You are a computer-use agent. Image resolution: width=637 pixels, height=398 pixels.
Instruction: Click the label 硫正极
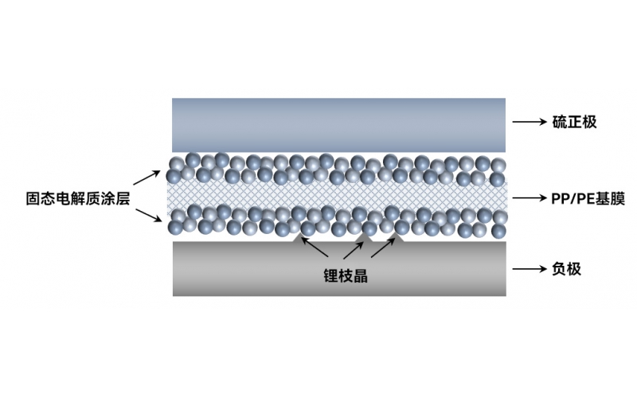pos(574,122)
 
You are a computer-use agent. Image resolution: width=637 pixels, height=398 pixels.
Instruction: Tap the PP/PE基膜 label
pos(588,198)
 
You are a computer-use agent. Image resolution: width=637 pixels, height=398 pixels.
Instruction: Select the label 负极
pos(567,269)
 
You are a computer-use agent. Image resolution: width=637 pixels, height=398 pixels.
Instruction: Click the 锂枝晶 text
pos(346,275)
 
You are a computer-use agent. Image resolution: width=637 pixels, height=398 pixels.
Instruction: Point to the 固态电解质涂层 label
pos(77,198)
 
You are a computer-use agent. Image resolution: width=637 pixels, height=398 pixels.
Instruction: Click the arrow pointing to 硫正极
pos(530,122)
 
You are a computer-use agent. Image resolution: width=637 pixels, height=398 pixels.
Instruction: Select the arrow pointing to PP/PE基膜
pos(530,197)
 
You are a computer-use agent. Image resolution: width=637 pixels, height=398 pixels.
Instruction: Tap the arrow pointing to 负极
pos(530,268)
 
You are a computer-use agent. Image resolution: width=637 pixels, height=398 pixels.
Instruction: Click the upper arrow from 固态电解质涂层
pos(147,178)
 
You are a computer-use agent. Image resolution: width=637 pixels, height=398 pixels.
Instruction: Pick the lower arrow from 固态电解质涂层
pos(149,215)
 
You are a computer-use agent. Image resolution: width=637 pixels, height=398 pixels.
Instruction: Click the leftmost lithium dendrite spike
pos(299,237)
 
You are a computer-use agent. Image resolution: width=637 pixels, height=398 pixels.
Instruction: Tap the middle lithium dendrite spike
pos(367,237)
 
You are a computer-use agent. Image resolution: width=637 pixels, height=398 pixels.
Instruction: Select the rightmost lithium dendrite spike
pos(397,237)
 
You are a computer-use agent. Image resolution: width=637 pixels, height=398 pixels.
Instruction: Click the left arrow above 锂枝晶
pos(315,248)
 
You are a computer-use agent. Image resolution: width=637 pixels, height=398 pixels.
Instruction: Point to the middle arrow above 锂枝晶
pos(354,250)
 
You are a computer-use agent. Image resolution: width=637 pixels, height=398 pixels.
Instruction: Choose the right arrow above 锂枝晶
pos(383,248)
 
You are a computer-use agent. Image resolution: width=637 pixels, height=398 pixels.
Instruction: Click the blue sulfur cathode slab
pos(339,125)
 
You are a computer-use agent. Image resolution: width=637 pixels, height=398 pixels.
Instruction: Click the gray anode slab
pos(340,269)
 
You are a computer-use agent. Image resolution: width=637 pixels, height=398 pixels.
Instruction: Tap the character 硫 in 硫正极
pos(560,122)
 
